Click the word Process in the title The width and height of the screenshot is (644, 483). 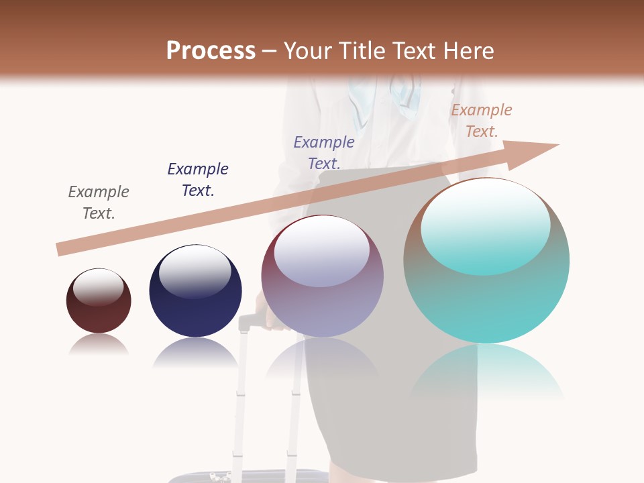click(211, 51)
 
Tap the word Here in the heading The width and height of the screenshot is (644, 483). click(467, 51)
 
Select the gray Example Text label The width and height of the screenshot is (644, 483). click(99, 203)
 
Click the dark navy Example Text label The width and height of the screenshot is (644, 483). click(198, 180)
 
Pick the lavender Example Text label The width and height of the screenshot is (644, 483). click(324, 153)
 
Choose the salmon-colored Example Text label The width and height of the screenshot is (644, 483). click(482, 121)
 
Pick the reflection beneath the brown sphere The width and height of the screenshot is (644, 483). click(99, 345)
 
